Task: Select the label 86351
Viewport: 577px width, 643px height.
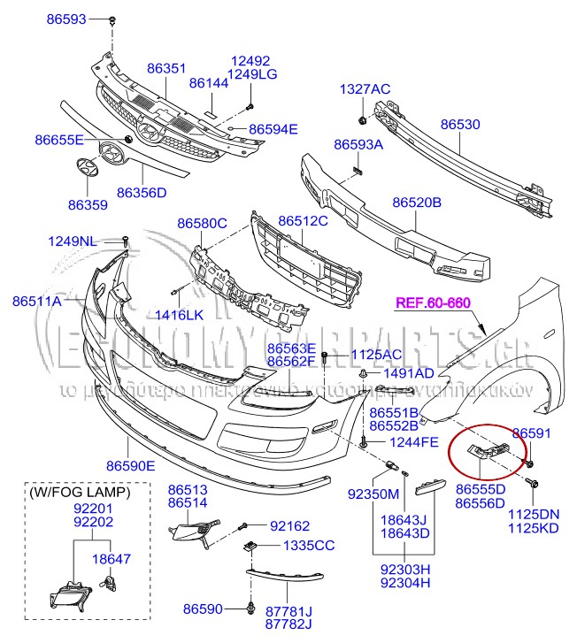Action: tap(166, 67)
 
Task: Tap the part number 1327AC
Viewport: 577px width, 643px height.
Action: tap(365, 89)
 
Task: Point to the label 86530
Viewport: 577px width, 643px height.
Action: tap(460, 125)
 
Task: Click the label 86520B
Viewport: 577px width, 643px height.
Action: tap(417, 203)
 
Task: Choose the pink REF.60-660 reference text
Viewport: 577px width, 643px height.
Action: tap(433, 302)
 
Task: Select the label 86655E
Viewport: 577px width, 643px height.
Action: tap(59, 140)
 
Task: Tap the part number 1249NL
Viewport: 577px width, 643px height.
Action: tap(73, 241)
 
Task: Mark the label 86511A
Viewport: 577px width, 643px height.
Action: tap(37, 302)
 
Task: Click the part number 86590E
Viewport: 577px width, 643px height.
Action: tap(131, 465)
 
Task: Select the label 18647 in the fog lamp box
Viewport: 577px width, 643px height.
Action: tap(112, 558)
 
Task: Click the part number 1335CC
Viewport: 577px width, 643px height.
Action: tap(308, 546)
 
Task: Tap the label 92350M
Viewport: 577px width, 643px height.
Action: tap(373, 494)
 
